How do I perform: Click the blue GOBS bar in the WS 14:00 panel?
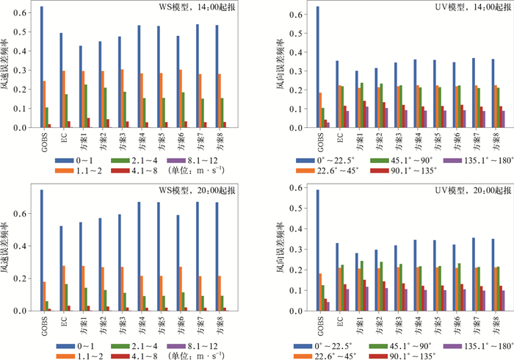point(42,67)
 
